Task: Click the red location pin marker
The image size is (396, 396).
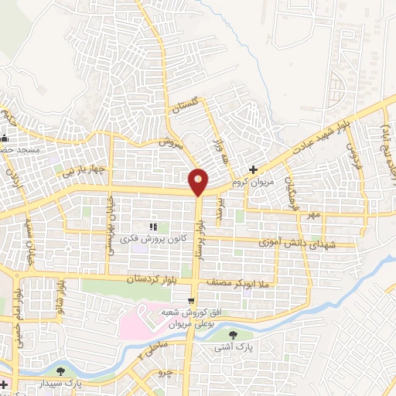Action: [199, 181]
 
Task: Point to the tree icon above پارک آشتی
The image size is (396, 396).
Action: [234, 334]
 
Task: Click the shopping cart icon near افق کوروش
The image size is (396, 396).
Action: [191, 299]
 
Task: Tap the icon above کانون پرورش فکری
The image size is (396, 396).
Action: [152, 227]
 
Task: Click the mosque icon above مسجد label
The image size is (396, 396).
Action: [5, 137]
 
